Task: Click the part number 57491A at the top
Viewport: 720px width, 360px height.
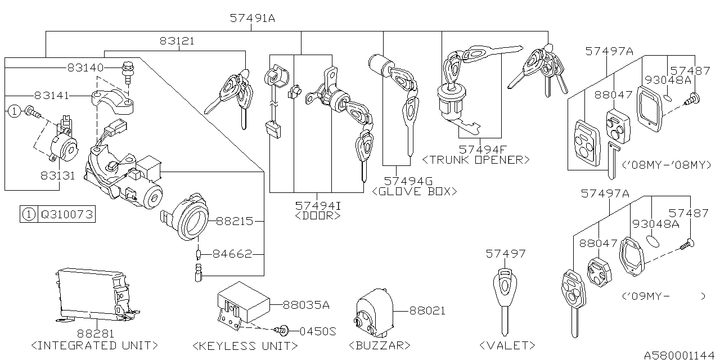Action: point(252,18)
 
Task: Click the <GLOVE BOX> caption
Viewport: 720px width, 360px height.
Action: point(414,192)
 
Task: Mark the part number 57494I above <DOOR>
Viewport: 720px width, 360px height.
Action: point(318,205)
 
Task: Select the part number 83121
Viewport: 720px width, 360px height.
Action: point(177,41)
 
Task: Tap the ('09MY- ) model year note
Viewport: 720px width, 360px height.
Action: point(664,296)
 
